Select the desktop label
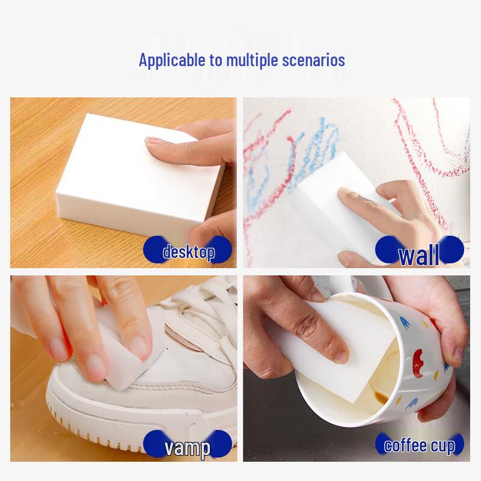tap(189, 252)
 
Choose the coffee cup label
tap(420, 446)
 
